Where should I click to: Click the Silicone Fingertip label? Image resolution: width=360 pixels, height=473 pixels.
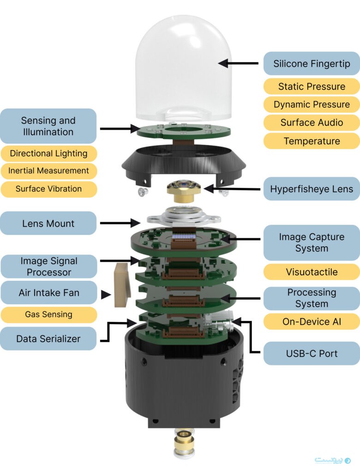312,64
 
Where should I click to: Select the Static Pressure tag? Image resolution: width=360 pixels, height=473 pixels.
312,86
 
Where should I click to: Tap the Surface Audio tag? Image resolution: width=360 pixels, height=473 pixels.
312,122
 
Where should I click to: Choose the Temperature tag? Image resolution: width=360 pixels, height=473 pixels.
312,141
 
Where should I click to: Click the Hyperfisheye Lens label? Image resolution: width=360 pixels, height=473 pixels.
312,188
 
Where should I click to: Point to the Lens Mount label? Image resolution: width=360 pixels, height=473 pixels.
48,224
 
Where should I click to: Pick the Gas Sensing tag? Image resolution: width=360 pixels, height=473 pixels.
48,314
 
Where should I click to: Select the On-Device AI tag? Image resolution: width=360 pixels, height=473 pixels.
312,321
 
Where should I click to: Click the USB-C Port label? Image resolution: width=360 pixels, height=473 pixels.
312,353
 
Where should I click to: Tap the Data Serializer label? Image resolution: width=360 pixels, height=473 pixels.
48,339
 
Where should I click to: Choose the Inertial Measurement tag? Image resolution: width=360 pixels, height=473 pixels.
48,170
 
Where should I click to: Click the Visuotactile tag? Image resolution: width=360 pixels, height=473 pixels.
312,272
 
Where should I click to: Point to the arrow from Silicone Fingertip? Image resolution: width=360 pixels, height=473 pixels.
238,63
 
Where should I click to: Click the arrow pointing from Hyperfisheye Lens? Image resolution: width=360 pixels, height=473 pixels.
231,188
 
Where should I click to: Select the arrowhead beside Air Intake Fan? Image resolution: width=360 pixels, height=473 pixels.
106,294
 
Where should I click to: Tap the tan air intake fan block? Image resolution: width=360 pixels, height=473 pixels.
121,285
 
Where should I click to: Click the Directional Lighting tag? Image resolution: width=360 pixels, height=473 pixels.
48,153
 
